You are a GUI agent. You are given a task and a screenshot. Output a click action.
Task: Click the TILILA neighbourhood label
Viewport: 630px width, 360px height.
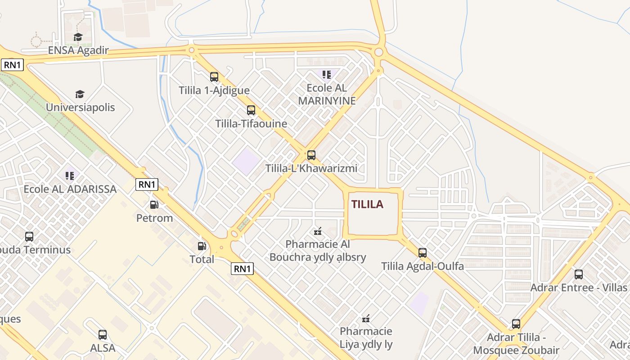click(x=367, y=204)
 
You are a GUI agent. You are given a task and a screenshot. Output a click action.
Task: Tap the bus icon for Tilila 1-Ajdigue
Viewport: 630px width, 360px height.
click(x=214, y=77)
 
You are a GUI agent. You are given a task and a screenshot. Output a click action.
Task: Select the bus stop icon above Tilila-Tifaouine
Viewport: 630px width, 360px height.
click(x=251, y=110)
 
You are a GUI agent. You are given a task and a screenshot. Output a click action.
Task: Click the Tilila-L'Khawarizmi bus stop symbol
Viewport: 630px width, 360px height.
click(x=311, y=155)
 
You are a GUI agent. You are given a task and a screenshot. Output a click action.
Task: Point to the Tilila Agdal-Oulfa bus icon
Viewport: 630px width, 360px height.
click(x=423, y=253)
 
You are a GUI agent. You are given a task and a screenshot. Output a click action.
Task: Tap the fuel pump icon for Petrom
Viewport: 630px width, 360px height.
click(x=154, y=205)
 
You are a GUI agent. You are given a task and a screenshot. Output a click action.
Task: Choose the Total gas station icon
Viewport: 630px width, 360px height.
click(x=202, y=246)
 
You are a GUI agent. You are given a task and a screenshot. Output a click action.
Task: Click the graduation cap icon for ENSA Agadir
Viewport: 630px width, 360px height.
click(x=78, y=37)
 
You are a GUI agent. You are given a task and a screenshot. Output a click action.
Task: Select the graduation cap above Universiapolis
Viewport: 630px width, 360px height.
click(x=80, y=94)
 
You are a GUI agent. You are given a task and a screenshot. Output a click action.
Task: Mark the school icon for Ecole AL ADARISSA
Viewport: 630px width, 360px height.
click(x=70, y=175)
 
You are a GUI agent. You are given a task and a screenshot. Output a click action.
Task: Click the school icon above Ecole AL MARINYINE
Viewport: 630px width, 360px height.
click(x=327, y=74)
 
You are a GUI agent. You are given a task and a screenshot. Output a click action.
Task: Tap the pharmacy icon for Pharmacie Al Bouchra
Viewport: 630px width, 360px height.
click(x=318, y=232)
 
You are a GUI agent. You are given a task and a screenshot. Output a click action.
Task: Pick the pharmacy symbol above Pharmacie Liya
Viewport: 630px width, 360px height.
click(x=366, y=319)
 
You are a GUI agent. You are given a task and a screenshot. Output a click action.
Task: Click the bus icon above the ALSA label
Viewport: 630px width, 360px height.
click(x=103, y=335)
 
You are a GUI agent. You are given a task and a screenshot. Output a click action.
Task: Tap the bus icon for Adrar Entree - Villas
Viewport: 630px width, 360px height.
click(x=579, y=274)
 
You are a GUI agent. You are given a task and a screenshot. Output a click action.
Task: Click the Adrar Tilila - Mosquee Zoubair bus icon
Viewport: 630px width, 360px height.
click(x=516, y=324)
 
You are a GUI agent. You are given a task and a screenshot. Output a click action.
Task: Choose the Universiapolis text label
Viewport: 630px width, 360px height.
click(x=81, y=108)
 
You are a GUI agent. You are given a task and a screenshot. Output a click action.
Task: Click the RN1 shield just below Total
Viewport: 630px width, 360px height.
click(x=242, y=269)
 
